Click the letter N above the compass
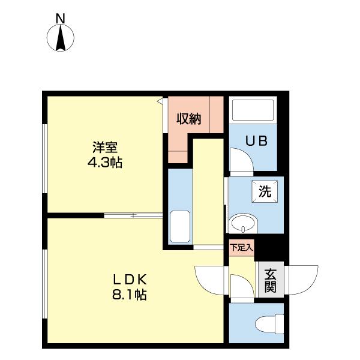[61, 19]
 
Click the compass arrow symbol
[61, 38]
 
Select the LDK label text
[131, 279]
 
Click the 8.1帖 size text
[131, 295]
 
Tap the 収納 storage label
[188, 118]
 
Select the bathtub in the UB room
[253, 111]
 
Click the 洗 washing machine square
[264, 192]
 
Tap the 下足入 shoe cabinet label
[242, 247]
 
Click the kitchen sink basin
[179, 226]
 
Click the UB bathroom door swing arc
[240, 161]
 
